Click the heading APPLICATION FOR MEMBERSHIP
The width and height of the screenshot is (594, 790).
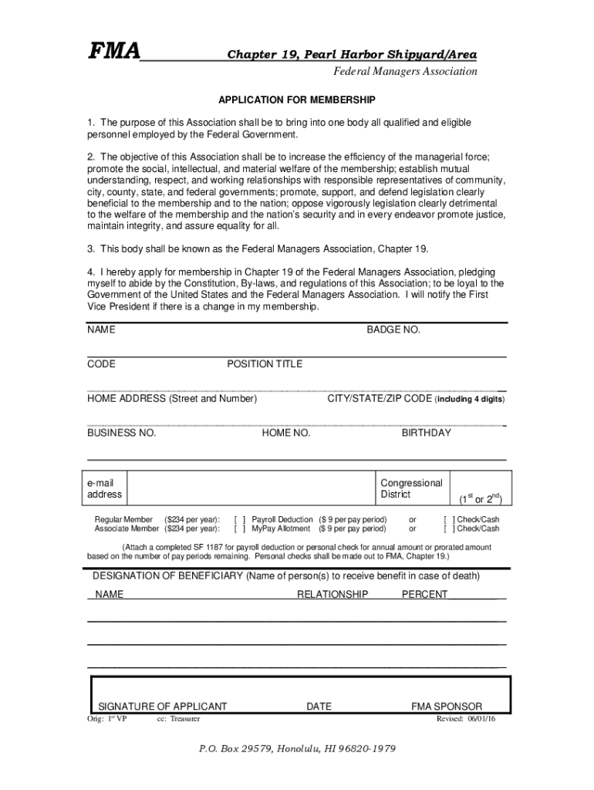click(297, 100)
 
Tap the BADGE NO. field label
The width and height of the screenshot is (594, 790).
click(393, 329)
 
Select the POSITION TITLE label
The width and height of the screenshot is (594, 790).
click(265, 364)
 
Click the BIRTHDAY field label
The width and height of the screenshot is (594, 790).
click(426, 433)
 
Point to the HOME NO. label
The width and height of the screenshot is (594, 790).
click(286, 433)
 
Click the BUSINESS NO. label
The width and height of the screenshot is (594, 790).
click(122, 433)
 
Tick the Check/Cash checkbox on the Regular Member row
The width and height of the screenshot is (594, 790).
click(449, 520)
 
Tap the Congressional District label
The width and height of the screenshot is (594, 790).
click(411, 488)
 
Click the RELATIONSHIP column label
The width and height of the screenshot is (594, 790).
click(332, 594)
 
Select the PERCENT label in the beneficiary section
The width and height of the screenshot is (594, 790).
click(424, 594)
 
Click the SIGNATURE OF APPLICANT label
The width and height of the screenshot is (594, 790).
click(162, 706)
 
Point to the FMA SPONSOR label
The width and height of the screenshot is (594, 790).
click(447, 706)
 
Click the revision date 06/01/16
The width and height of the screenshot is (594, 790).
click(481, 718)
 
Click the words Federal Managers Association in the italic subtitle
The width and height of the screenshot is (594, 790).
click(405, 72)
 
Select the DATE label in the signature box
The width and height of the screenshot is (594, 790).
click(319, 706)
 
